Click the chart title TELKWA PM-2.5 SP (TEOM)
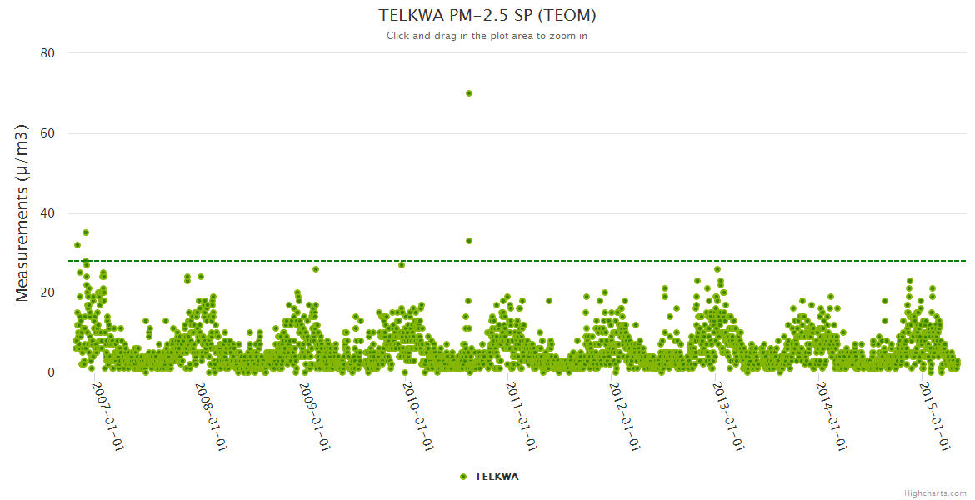point(487,15)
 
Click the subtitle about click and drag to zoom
point(487,36)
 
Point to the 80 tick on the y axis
point(47,53)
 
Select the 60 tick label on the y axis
point(47,133)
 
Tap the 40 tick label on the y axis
point(47,213)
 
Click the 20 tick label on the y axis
point(47,292)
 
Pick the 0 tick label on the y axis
point(51,372)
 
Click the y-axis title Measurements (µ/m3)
point(22,212)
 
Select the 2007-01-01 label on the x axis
point(107,417)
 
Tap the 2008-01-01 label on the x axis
point(212,417)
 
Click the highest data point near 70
point(469,93)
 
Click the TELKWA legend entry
point(490,477)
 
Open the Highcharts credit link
point(935,492)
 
